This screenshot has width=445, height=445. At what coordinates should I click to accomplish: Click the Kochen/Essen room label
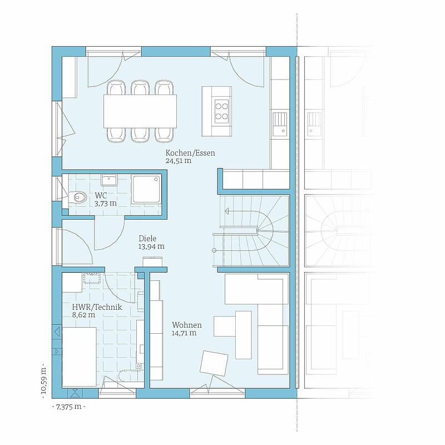[190, 153]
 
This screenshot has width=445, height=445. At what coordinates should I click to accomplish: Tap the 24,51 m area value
[178, 161]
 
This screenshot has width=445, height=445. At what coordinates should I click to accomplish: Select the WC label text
[101, 196]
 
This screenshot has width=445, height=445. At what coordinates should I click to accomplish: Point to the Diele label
[147, 239]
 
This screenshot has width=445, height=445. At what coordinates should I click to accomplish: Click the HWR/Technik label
[97, 307]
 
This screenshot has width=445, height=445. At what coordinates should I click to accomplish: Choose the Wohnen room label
[187, 325]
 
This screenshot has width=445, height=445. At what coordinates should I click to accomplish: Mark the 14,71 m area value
[184, 333]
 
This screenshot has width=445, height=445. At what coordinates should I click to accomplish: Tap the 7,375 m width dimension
[68, 407]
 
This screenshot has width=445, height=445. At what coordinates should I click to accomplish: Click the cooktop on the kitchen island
[221, 111]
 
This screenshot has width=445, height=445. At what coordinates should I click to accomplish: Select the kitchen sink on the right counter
[280, 123]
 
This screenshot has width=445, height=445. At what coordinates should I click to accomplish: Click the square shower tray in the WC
[146, 189]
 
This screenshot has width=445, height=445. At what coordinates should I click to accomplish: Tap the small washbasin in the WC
[108, 180]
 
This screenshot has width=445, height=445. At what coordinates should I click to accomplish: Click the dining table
[140, 111]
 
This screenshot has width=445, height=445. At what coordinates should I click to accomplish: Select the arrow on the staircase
[242, 211]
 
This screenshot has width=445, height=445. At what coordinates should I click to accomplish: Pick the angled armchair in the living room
[214, 364]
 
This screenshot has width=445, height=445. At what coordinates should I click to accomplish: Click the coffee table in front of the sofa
[244, 335]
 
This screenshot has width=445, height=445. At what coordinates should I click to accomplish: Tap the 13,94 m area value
[151, 246]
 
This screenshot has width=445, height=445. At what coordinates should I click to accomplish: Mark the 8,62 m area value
[84, 315]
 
